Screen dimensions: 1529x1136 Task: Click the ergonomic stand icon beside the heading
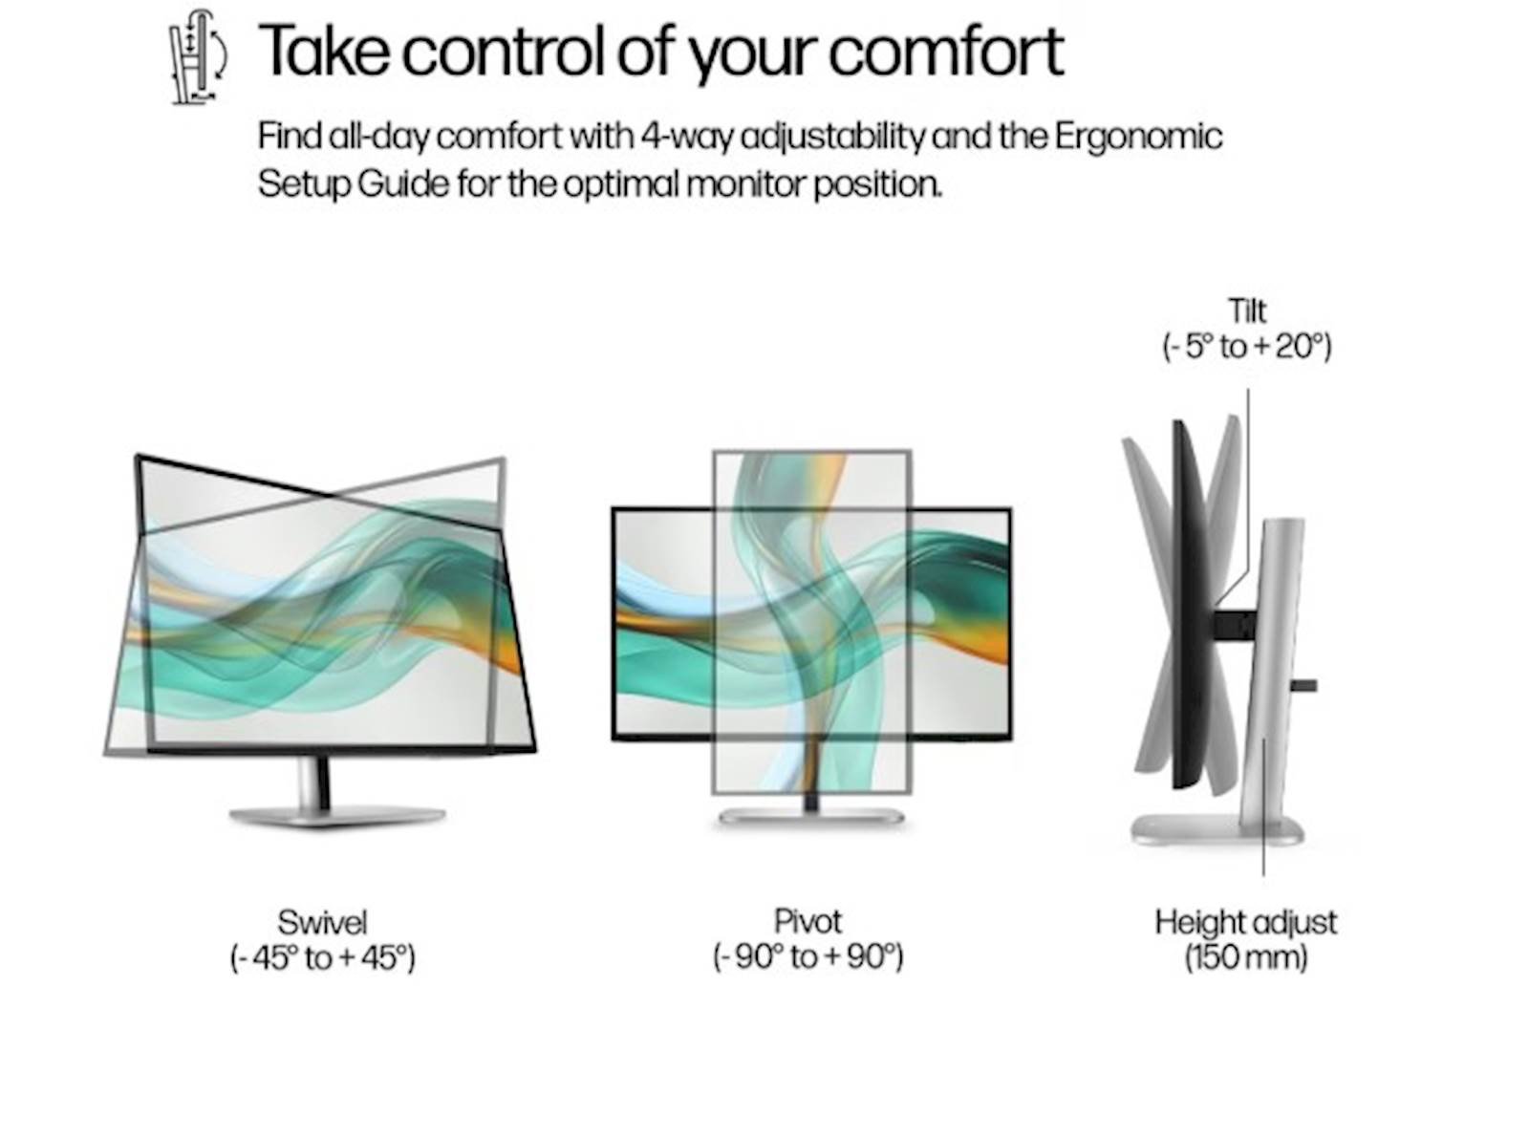(x=199, y=57)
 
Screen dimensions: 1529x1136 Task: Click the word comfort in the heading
(x=946, y=51)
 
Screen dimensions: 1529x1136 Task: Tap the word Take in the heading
(x=323, y=50)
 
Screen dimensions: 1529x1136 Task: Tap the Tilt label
(x=1247, y=311)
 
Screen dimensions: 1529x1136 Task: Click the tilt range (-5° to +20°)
(x=1247, y=346)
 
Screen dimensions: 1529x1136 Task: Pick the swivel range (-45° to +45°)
(x=322, y=957)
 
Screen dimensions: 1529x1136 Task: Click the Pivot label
(x=808, y=922)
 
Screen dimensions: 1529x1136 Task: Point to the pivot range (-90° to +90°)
(x=808, y=956)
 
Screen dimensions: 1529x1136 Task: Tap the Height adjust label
(x=1246, y=923)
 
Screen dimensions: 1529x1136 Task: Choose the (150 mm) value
(x=1246, y=958)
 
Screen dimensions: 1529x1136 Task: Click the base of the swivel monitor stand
(x=337, y=818)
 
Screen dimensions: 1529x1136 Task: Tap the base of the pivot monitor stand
(x=811, y=817)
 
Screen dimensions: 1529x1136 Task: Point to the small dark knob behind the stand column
(x=1304, y=686)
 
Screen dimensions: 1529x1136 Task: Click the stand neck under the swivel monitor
(x=313, y=782)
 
